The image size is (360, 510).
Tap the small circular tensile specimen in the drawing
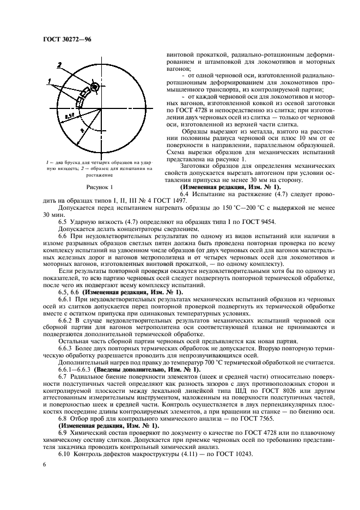pos(94,88)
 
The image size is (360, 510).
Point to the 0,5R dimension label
pos(69,116)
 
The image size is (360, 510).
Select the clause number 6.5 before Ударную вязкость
pos(63,221)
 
